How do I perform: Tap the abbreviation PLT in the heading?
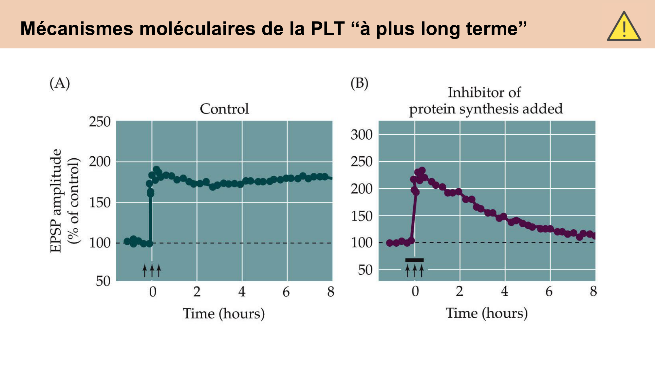coord(327,28)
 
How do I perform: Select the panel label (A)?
coord(60,83)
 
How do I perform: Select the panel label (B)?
coord(359,83)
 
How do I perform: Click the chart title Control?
coord(224,109)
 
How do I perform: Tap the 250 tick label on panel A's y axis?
coord(100,122)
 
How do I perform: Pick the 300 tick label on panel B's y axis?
coord(362,135)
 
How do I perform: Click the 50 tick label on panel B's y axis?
coord(365,270)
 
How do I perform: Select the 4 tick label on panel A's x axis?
coord(242,292)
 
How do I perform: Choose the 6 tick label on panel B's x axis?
coord(549,291)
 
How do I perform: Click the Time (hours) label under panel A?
coord(224,313)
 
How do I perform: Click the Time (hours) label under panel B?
coord(487,313)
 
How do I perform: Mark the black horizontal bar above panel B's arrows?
coord(414,260)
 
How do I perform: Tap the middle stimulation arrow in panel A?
coord(152,271)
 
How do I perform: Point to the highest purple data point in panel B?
coord(422,170)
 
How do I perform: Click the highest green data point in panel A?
coord(156,169)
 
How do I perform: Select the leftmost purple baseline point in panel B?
coord(389,243)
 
